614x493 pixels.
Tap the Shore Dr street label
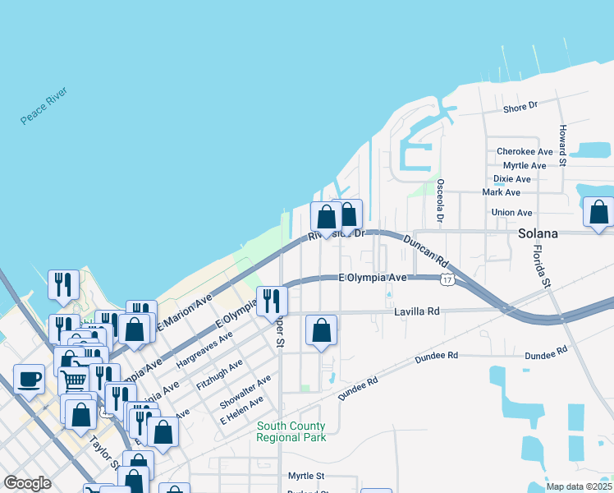tap(520, 106)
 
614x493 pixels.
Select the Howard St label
tap(563, 141)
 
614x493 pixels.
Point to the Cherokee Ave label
tap(525, 152)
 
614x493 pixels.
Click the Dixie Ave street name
tap(511, 178)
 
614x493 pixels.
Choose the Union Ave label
tap(511, 213)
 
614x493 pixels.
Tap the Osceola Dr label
tap(441, 201)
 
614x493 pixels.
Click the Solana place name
tap(538, 233)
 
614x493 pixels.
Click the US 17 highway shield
tap(446, 280)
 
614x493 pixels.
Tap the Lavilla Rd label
tap(417, 311)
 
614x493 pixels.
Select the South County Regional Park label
tap(291, 431)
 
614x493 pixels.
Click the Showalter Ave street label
tap(245, 392)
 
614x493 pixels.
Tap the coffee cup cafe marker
tap(30, 379)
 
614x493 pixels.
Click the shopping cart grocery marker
tap(73, 380)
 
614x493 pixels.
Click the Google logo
tap(27, 483)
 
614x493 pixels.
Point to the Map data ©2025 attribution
tap(579, 486)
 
